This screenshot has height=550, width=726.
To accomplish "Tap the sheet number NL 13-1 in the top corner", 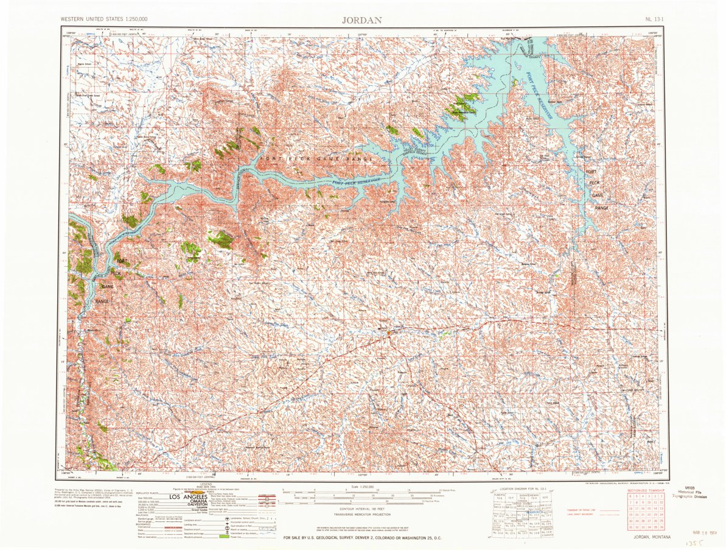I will pos(656,19).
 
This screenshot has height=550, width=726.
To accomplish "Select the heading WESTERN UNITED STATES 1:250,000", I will pos(103,19).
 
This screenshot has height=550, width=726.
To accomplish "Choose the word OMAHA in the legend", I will pos(191,503).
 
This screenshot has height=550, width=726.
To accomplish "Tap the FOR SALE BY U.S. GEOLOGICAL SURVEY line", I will pos(362,537).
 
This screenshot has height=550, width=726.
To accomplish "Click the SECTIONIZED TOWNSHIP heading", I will pos(647,491).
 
